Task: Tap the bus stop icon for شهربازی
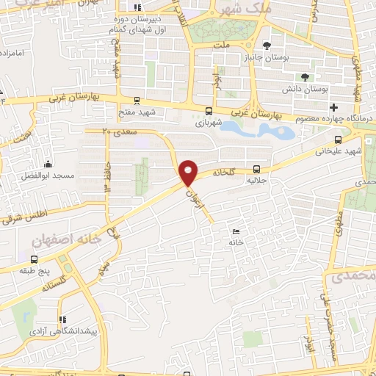pos(210,112)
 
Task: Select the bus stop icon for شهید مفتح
pos(137,101)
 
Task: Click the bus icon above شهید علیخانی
pos(338,140)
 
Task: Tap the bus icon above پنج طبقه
pos(35,260)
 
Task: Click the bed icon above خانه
pos(236,231)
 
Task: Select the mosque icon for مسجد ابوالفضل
pos(48,163)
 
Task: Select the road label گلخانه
pos(223,173)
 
